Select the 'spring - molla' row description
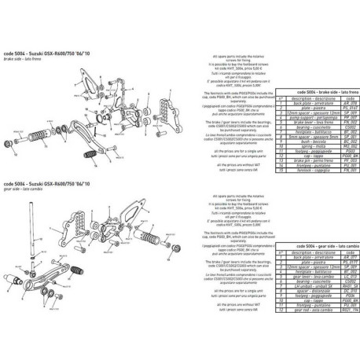click(x=307, y=147)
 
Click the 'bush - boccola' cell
click(x=307, y=142)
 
